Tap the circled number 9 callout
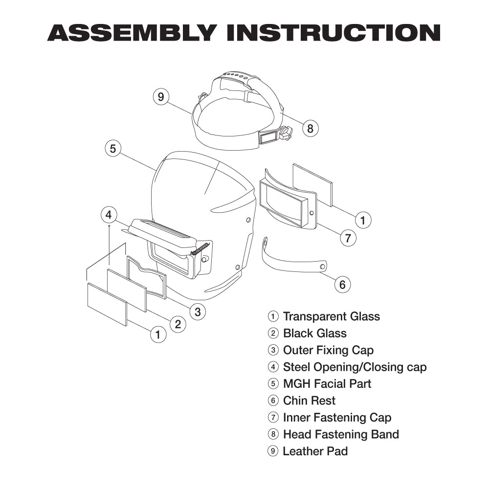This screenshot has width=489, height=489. pyautogui.click(x=161, y=96)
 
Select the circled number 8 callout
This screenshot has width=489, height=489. pyautogui.click(x=310, y=129)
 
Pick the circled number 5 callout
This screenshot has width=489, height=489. pyautogui.click(x=113, y=148)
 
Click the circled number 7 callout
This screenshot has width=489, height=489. pyautogui.click(x=348, y=238)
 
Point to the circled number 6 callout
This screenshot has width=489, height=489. pyautogui.click(x=342, y=284)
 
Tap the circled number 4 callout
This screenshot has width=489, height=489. pyautogui.click(x=109, y=214)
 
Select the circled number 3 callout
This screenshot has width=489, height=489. pyautogui.click(x=197, y=311)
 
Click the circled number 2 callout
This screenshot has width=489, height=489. pyautogui.click(x=178, y=323)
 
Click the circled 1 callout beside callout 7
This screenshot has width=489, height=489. pyautogui.click(x=362, y=220)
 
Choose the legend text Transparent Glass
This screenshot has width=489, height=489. pyautogui.click(x=331, y=316)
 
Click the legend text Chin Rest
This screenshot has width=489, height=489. pyautogui.click(x=309, y=400)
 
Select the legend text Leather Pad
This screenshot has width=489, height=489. pyautogui.click(x=315, y=451)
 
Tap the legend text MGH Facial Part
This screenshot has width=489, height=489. pyautogui.click(x=327, y=384)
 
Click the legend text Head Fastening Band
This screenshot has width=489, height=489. pyautogui.click(x=341, y=434)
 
